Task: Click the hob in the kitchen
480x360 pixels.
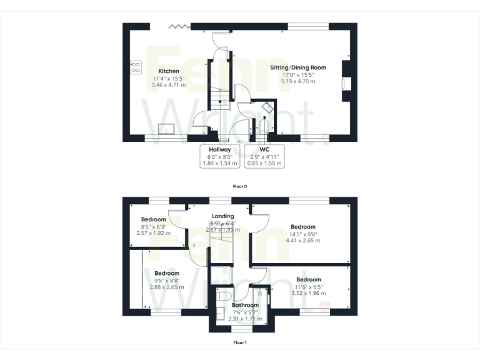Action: pyautogui.click(x=135, y=66)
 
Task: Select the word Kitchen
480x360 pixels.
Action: pyautogui.click(x=169, y=71)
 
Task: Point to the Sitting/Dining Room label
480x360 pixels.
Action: pyautogui.click(x=298, y=67)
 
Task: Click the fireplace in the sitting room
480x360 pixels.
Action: pyautogui.click(x=346, y=83)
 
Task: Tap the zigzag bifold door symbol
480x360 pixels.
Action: pyautogui.click(x=179, y=26)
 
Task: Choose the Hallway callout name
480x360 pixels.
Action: pyautogui.click(x=220, y=150)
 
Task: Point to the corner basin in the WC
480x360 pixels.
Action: pyautogui.click(x=267, y=107)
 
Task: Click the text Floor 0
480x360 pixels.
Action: pyautogui.click(x=240, y=186)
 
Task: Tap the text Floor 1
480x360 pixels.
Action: pyautogui.click(x=240, y=342)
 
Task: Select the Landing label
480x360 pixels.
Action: pyautogui.click(x=223, y=216)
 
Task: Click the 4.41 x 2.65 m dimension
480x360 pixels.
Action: pyautogui.click(x=302, y=240)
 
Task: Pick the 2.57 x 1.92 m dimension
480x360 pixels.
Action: pyautogui.click(x=153, y=233)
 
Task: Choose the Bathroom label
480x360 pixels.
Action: pyautogui.click(x=241, y=306)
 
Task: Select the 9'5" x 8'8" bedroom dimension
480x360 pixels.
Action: pyautogui.click(x=167, y=281)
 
